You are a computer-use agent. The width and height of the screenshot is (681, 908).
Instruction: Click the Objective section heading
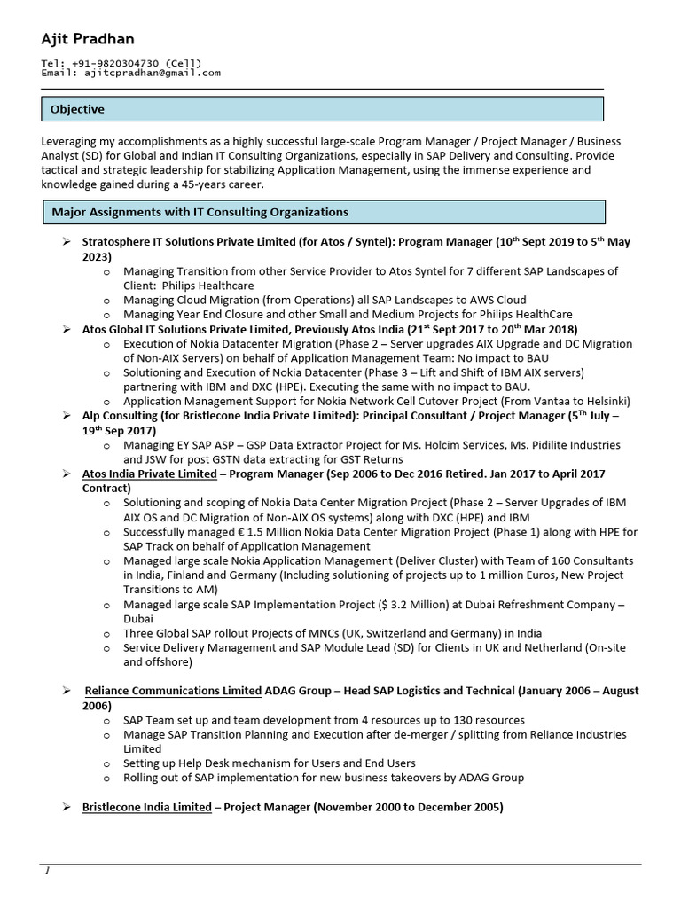point(77,109)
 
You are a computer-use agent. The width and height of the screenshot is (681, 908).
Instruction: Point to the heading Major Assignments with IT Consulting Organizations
point(200,212)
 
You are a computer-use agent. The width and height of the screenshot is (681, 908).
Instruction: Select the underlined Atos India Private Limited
point(149,474)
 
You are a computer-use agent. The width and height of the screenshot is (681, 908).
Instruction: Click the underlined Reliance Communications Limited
point(173,690)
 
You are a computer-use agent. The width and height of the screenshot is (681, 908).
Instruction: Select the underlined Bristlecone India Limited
point(146,807)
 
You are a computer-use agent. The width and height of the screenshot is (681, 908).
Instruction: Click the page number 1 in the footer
point(47,871)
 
